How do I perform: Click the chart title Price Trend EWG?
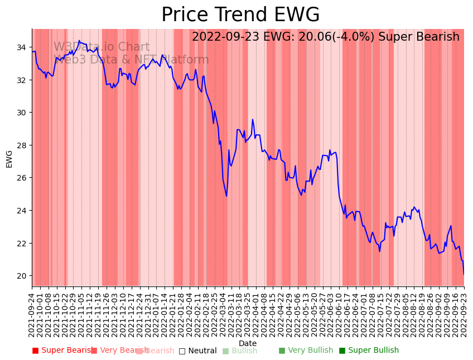point(240,15)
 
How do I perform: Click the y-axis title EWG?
point(9,158)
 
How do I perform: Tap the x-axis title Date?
point(248,343)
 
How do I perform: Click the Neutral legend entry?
point(197,351)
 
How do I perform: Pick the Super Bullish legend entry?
point(369,351)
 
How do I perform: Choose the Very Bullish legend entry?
point(306,351)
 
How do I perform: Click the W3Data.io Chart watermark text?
point(102,47)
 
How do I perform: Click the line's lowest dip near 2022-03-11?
point(226,196)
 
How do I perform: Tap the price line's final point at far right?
point(464,274)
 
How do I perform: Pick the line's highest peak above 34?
point(79,41)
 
